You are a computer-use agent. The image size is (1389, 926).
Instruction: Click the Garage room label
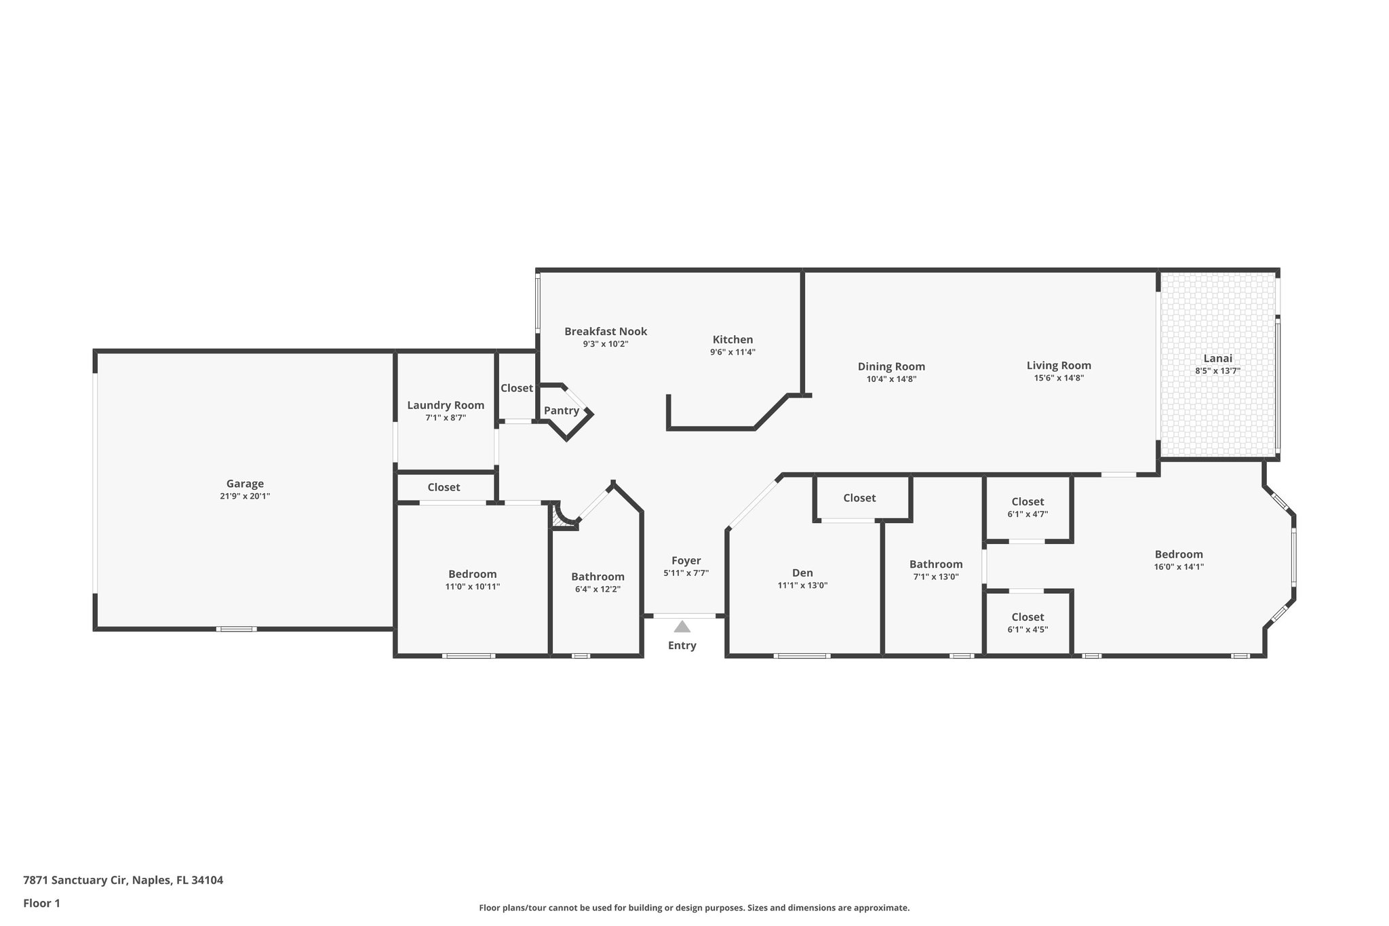point(245,484)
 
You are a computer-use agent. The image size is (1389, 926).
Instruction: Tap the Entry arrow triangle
point(682,626)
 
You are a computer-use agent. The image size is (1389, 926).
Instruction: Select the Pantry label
point(561,410)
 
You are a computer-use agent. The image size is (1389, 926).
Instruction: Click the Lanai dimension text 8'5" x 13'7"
point(1217,371)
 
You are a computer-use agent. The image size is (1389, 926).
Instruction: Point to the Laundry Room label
point(446,405)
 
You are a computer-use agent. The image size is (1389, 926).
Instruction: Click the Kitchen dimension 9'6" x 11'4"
point(732,352)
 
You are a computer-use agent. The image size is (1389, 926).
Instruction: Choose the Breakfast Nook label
point(606,331)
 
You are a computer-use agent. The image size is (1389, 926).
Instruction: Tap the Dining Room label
point(891,366)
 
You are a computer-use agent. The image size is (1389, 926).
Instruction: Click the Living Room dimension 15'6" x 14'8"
point(1059,378)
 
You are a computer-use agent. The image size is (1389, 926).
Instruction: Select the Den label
point(802,573)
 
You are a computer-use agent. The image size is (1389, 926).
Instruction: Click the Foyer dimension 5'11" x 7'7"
point(686,573)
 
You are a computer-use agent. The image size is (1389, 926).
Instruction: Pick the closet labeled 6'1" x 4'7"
point(1028,507)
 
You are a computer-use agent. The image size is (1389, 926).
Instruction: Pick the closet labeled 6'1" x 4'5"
point(1028,623)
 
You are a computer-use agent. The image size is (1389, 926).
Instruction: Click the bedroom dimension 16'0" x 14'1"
point(1179,566)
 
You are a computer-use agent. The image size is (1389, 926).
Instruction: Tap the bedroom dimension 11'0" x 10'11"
point(472,586)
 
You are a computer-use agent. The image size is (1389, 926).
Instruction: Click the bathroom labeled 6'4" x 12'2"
point(598,583)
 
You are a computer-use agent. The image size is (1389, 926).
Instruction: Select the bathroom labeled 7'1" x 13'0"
point(936,571)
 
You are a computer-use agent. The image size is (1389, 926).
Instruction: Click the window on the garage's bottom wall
point(236,629)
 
